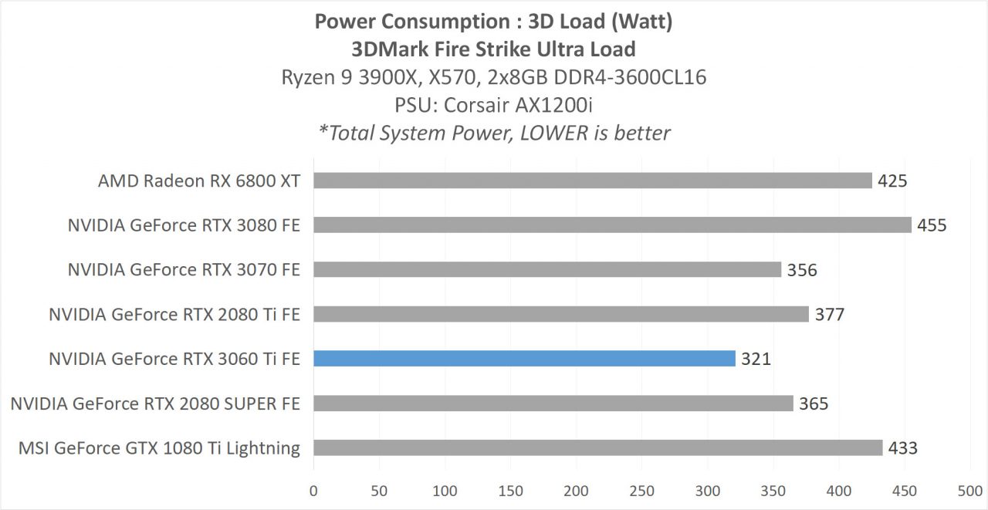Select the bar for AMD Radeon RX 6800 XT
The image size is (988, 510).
[592, 181]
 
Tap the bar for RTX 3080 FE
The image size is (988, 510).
[612, 225]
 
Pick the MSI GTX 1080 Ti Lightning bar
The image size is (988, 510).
[597, 448]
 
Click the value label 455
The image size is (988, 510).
[932, 225]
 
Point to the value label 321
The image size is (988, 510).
[756, 359]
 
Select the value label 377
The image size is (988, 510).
[830, 314]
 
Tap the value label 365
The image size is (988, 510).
[814, 404]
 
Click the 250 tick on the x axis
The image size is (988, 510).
[641, 490]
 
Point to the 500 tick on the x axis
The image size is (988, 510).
[969, 490]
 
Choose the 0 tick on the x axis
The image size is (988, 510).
[313, 490]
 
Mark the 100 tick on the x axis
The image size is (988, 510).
[445, 490]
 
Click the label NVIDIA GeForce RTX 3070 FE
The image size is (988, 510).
[184, 270]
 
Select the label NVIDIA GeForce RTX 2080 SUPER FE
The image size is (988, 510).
[155, 404]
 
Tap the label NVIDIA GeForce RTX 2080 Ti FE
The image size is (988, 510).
[174, 314]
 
